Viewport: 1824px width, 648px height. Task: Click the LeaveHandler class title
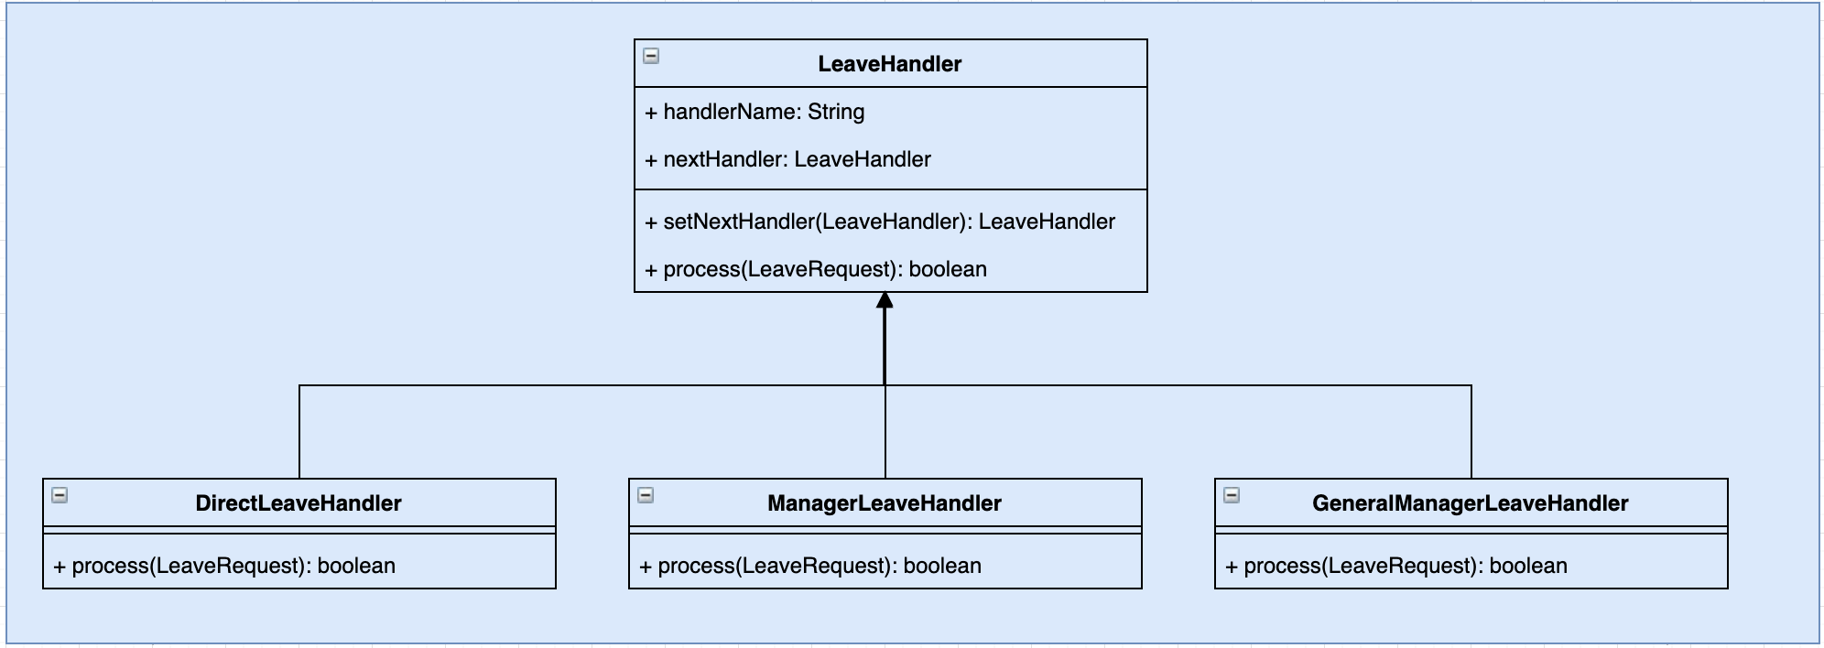pos(889,64)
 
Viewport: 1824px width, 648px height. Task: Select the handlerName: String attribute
pos(755,112)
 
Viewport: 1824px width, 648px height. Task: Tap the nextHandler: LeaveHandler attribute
pos(787,159)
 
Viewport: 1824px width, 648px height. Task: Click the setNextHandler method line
pos(880,221)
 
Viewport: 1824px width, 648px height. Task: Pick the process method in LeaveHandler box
pos(816,269)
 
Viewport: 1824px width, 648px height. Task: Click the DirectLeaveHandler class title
pos(299,503)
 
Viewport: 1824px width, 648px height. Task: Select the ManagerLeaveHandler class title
pos(884,503)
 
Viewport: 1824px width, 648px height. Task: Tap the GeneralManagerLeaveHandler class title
pos(1470,503)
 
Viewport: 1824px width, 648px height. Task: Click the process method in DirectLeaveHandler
pos(224,566)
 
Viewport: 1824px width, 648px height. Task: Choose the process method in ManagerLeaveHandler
pos(810,566)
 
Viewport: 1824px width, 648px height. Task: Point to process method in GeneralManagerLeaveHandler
pos(1396,566)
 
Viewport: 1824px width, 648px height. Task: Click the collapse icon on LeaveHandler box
pos(651,56)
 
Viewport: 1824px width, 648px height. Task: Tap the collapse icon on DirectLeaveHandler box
pos(60,495)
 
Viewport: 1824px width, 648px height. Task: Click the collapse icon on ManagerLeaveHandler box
pos(646,495)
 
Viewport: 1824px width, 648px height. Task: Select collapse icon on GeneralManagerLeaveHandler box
pos(1232,495)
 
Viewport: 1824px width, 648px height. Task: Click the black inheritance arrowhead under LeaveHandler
pos(885,301)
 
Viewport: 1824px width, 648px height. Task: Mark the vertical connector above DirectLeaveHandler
pos(299,430)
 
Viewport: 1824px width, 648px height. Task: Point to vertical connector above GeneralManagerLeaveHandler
pos(1471,430)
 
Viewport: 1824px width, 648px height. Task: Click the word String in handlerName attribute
pos(836,112)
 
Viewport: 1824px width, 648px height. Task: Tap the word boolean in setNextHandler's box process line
pos(948,269)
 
